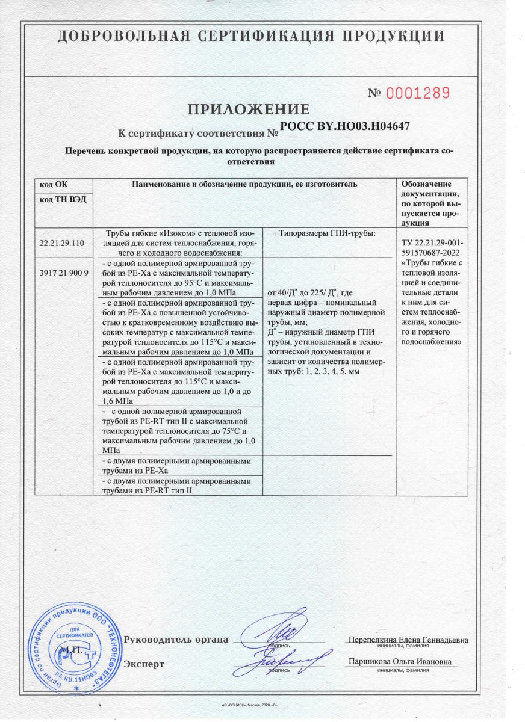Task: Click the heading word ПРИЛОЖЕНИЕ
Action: (249, 110)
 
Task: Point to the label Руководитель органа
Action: (176, 639)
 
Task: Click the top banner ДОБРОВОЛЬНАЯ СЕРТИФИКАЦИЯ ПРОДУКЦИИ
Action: (252, 36)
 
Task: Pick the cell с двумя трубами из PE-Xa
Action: (179, 465)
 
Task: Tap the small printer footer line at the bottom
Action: (249, 704)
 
